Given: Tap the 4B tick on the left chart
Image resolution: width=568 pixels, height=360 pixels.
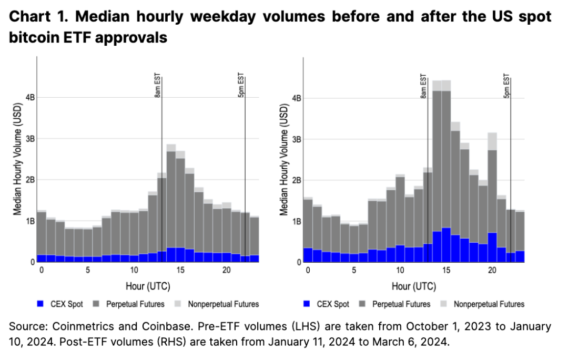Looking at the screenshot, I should click(29, 98).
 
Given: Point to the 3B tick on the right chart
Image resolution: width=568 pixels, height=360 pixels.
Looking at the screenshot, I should click(296, 139).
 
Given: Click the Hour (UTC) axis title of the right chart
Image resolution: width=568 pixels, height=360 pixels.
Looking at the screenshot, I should click(413, 286).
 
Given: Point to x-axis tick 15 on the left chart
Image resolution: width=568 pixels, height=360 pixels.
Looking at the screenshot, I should click(180, 270).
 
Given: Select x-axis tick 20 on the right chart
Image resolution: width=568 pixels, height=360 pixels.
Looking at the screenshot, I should click(492, 270).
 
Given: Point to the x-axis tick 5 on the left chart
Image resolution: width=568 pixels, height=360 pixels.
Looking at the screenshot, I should click(87, 270).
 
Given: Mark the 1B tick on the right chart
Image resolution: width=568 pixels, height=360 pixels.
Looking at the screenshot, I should click(296, 221).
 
